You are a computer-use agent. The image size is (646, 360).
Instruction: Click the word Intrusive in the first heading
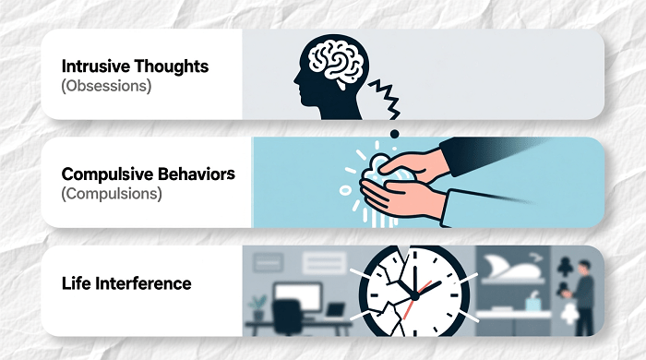pyautogui.click(x=89, y=67)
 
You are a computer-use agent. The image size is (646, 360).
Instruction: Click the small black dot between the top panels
pyautogui.click(x=395, y=133)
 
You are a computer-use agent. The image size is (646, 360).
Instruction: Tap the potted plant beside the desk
pyautogui.click(x=258, y=305)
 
